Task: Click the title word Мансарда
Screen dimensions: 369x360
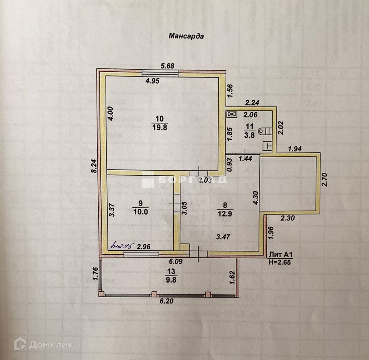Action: (186, 36)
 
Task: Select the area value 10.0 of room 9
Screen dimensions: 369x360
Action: (141, 212)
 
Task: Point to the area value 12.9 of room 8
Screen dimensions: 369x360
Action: (225, 214)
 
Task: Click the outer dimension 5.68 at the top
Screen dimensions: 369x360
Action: (167, 66)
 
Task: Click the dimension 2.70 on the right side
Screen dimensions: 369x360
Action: (325, 179)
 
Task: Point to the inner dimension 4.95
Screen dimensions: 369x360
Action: (152, 81)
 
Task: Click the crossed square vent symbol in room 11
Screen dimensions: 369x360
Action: (231, 115)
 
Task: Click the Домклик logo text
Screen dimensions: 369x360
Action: (51, 344)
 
